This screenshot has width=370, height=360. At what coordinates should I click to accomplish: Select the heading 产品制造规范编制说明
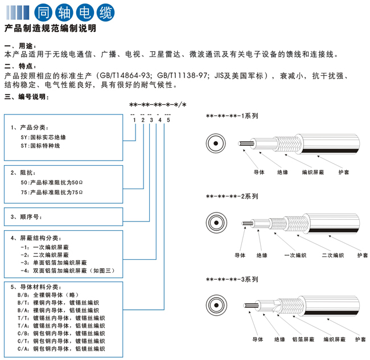pos(50,28)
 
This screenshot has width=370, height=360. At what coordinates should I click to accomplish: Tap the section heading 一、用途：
pos(20,46)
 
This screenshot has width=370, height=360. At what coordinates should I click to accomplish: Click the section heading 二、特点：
pos(20,67)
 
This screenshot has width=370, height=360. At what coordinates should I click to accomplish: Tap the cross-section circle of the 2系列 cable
pos(216,222)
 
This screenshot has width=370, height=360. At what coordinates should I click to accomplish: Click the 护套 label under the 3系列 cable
pos(360,339)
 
